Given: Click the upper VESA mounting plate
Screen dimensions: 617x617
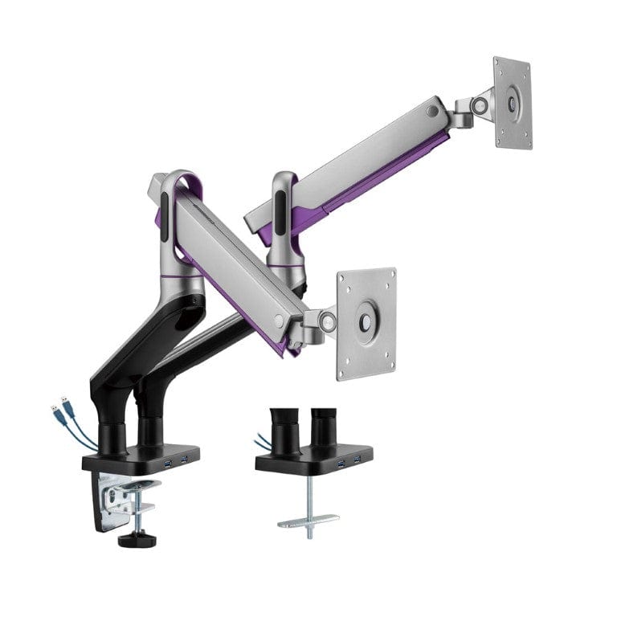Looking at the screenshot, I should pos(513,103).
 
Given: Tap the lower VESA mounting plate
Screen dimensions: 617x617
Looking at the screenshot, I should pos(366,323).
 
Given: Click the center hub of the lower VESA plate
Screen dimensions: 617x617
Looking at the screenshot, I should pos(366,320).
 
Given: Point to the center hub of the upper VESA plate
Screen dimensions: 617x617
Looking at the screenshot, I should pos(513,103).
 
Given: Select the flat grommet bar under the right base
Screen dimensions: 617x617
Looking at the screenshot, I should pos(308,521).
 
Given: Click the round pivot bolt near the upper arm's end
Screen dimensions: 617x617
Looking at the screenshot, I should pos(435,110).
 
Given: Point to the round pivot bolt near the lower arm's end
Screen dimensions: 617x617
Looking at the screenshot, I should pos(278,321).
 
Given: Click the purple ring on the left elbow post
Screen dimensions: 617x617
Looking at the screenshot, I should pos(182,276).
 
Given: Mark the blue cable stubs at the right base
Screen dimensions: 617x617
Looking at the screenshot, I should pos(260,441).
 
